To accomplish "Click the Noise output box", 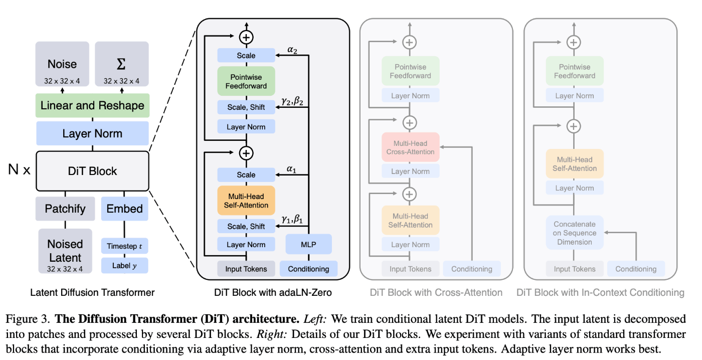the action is (x=62, y=64).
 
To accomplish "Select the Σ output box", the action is (x=121, y=64).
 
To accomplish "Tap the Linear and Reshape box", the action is (x=92, y=106).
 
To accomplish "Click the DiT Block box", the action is (x=92, y=171).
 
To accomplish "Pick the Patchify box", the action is (x=65, y=209).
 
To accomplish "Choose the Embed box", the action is (x=125, y=209).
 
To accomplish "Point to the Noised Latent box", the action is (x=65, y=251).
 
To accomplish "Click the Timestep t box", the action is (x=125, y=246).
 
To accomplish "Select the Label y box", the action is (x=125, y=266).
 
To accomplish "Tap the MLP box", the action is (x=309, y=244).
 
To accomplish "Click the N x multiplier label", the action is (x=19, y=169).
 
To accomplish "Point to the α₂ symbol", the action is (x=292, y=50).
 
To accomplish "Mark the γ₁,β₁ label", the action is (x=292, y=219).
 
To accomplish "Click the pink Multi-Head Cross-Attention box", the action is (x=410, y=147).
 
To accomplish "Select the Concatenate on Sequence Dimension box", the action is (x=575, y=233).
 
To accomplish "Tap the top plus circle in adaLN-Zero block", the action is (x=246, y=37).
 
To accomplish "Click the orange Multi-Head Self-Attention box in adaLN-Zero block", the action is (x=246, y=201).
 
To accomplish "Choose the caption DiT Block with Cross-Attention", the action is (x=436, y=293).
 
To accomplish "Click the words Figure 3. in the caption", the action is (x=28, y=319).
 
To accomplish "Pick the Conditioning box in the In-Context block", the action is (x=636, y=269).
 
